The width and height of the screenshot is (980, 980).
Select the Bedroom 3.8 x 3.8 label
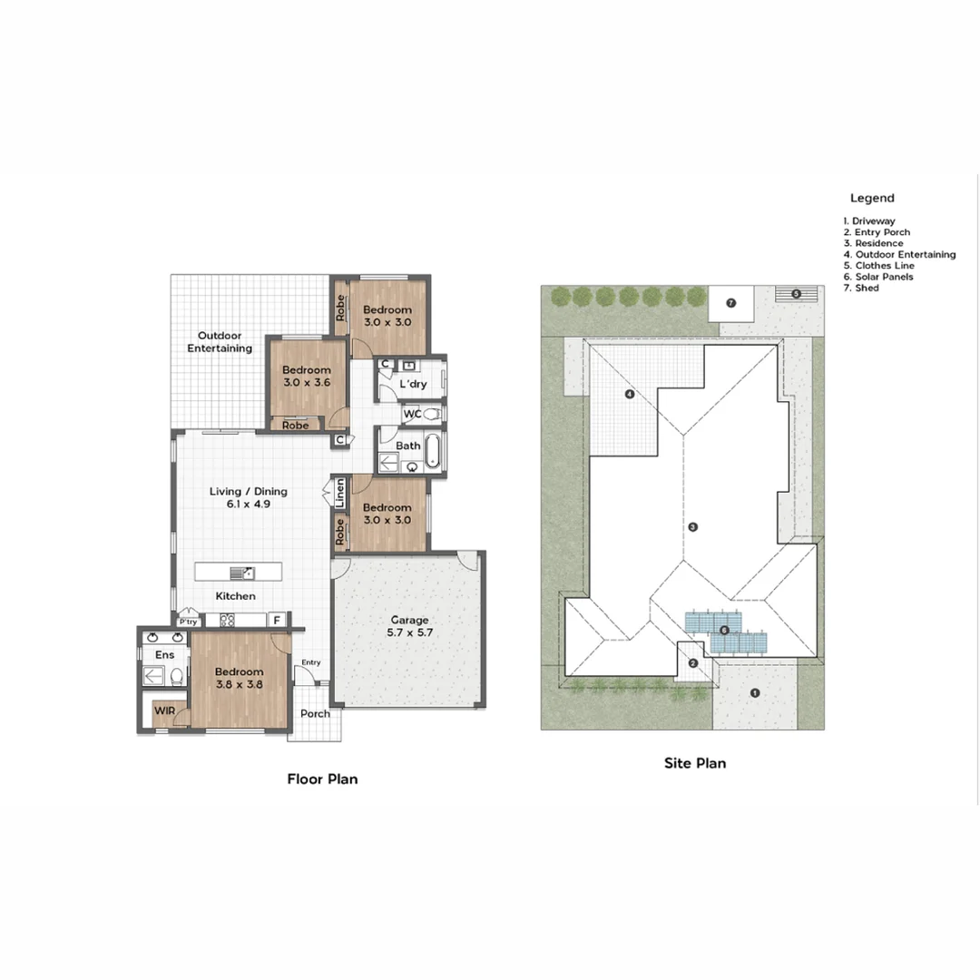coord(239,679)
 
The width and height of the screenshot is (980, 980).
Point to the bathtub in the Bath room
coord(434,451)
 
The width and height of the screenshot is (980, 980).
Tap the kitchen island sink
coord(241,573)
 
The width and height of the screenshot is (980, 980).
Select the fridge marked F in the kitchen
coord(277,621)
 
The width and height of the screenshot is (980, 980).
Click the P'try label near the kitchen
coord(188,622)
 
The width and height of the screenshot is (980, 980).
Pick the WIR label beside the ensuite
coord(164,710)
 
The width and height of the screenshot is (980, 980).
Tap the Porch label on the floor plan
coord(315,713)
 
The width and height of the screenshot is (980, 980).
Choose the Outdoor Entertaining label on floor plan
coord(220,342)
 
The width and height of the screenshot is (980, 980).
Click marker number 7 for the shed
coord(730,302)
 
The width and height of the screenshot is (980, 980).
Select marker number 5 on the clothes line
coord(796,294)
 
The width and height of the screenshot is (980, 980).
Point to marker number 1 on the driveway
coord(754,693)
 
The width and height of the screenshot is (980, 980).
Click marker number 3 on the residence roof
coord(692,526)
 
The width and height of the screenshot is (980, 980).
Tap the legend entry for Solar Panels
coord(878,277)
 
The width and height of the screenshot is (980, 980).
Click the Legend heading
coord(872,198)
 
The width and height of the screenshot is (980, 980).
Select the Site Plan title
coord(695,763)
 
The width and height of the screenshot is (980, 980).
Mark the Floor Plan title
coord(322,779)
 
